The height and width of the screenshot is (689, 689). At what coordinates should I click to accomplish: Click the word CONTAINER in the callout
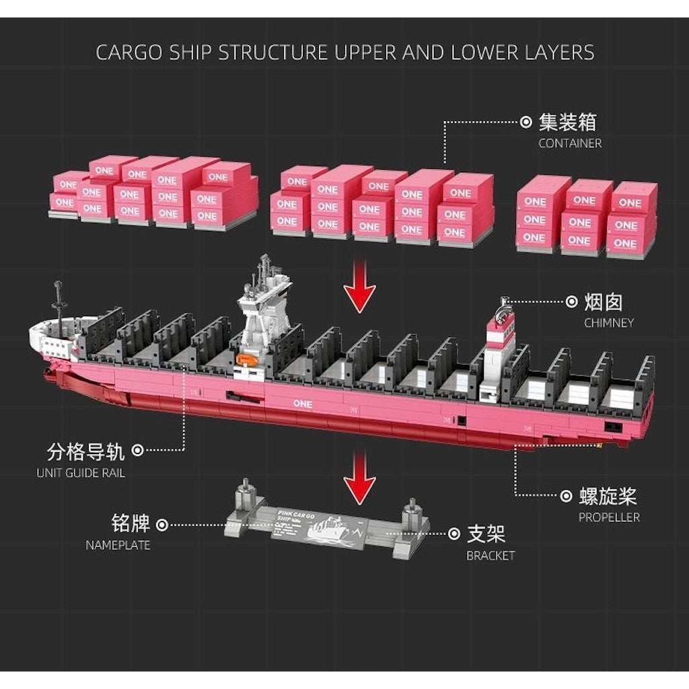coord(570,143)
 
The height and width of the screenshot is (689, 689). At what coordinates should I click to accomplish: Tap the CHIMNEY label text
coord(609,323)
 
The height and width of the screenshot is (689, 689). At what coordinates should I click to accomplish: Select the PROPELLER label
coord(609,517)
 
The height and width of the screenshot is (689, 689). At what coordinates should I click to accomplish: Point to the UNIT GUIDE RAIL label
coord(81,473)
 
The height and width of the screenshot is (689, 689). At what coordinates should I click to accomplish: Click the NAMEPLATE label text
coord(118,545)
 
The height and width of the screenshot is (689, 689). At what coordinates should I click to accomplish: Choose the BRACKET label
coord(491,556)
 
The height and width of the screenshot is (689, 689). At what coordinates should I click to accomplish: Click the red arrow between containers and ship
coord(360,289)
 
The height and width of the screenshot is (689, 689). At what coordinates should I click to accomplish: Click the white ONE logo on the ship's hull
coord(303,403)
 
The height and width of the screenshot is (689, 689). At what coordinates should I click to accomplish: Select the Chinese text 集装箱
coord(567,122)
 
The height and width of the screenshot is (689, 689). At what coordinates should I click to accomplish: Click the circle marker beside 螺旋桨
coord(567,497)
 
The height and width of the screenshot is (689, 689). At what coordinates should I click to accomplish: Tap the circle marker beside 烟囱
coord(571,302)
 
